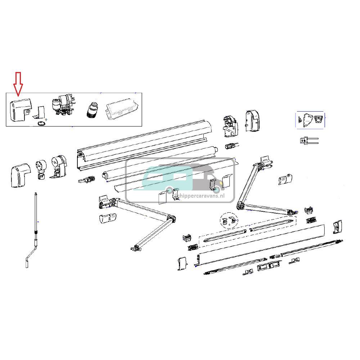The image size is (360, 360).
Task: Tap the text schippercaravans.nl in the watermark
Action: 203,195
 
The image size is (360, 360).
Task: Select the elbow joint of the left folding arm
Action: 171,219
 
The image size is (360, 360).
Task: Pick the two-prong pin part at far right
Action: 309,140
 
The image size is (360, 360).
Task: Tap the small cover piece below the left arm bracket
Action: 107,218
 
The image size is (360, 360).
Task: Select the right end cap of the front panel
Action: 337,226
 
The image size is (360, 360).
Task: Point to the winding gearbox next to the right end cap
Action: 231,126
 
